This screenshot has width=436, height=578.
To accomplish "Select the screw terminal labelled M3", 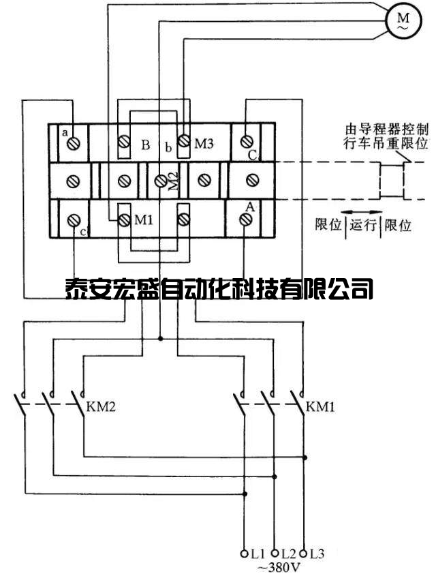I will pos(183,142).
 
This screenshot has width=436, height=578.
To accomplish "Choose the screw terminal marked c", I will pos(74,219).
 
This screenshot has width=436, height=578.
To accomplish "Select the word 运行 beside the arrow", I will pos(363,225).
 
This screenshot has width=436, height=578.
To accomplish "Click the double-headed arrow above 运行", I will pos(361,211).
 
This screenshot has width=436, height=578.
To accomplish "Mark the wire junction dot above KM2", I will pos(160,337).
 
